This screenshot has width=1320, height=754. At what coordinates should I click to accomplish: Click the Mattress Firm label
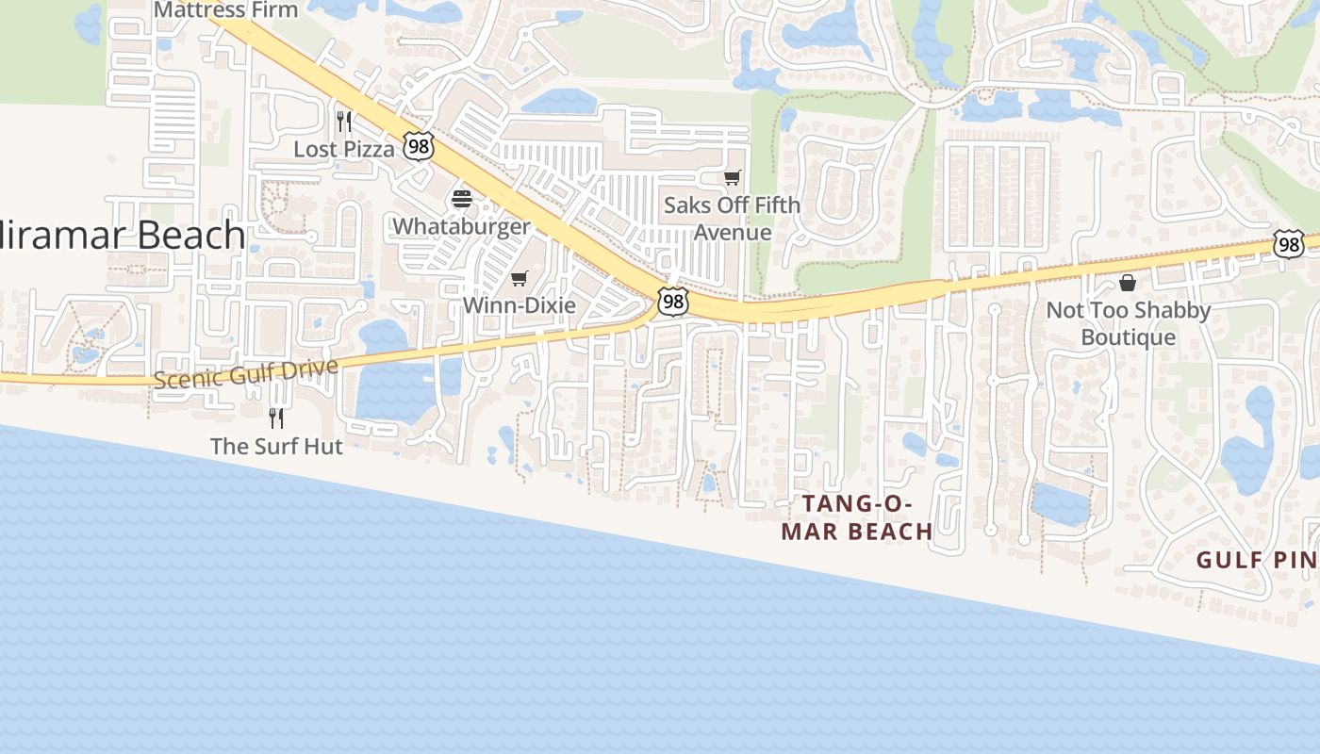[x=225, y=10]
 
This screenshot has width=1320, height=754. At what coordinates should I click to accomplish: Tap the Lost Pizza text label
[x=344, y=149]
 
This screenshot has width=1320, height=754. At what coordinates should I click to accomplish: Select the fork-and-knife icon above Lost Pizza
[x=344, y=122]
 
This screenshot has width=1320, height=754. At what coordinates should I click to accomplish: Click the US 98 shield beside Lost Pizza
[x=418, y=146]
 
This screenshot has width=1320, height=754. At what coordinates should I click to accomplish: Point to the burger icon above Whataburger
[x=462, y=199]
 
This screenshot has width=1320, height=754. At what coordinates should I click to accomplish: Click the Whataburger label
[x=462, y=226]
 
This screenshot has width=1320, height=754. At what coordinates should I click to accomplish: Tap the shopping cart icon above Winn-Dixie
[x=519, y=278]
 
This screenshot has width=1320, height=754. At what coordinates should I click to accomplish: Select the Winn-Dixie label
[x=519, y=305]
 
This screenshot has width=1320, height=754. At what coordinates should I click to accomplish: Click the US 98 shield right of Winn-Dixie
[x=672, y=303]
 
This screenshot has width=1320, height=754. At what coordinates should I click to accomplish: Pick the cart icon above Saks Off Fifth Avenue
[x=732, y=177]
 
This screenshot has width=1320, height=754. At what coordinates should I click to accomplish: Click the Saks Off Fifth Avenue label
[x=732, y=219]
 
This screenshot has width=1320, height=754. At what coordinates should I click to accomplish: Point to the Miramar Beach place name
[x=123, y=235]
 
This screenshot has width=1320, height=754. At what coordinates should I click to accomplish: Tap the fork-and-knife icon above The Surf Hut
[x=276, y=418]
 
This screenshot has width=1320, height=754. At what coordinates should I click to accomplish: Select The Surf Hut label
[x=276, y=446]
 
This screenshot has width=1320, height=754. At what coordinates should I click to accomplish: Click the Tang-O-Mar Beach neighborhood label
[x=857, y=517]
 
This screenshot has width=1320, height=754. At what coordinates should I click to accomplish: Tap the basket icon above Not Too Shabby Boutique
[x=1128, y=283]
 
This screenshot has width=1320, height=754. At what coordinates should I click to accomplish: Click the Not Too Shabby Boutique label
[x=1128, y=323]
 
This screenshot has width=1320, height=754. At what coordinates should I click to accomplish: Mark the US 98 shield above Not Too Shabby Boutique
[x=1288, y=244]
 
